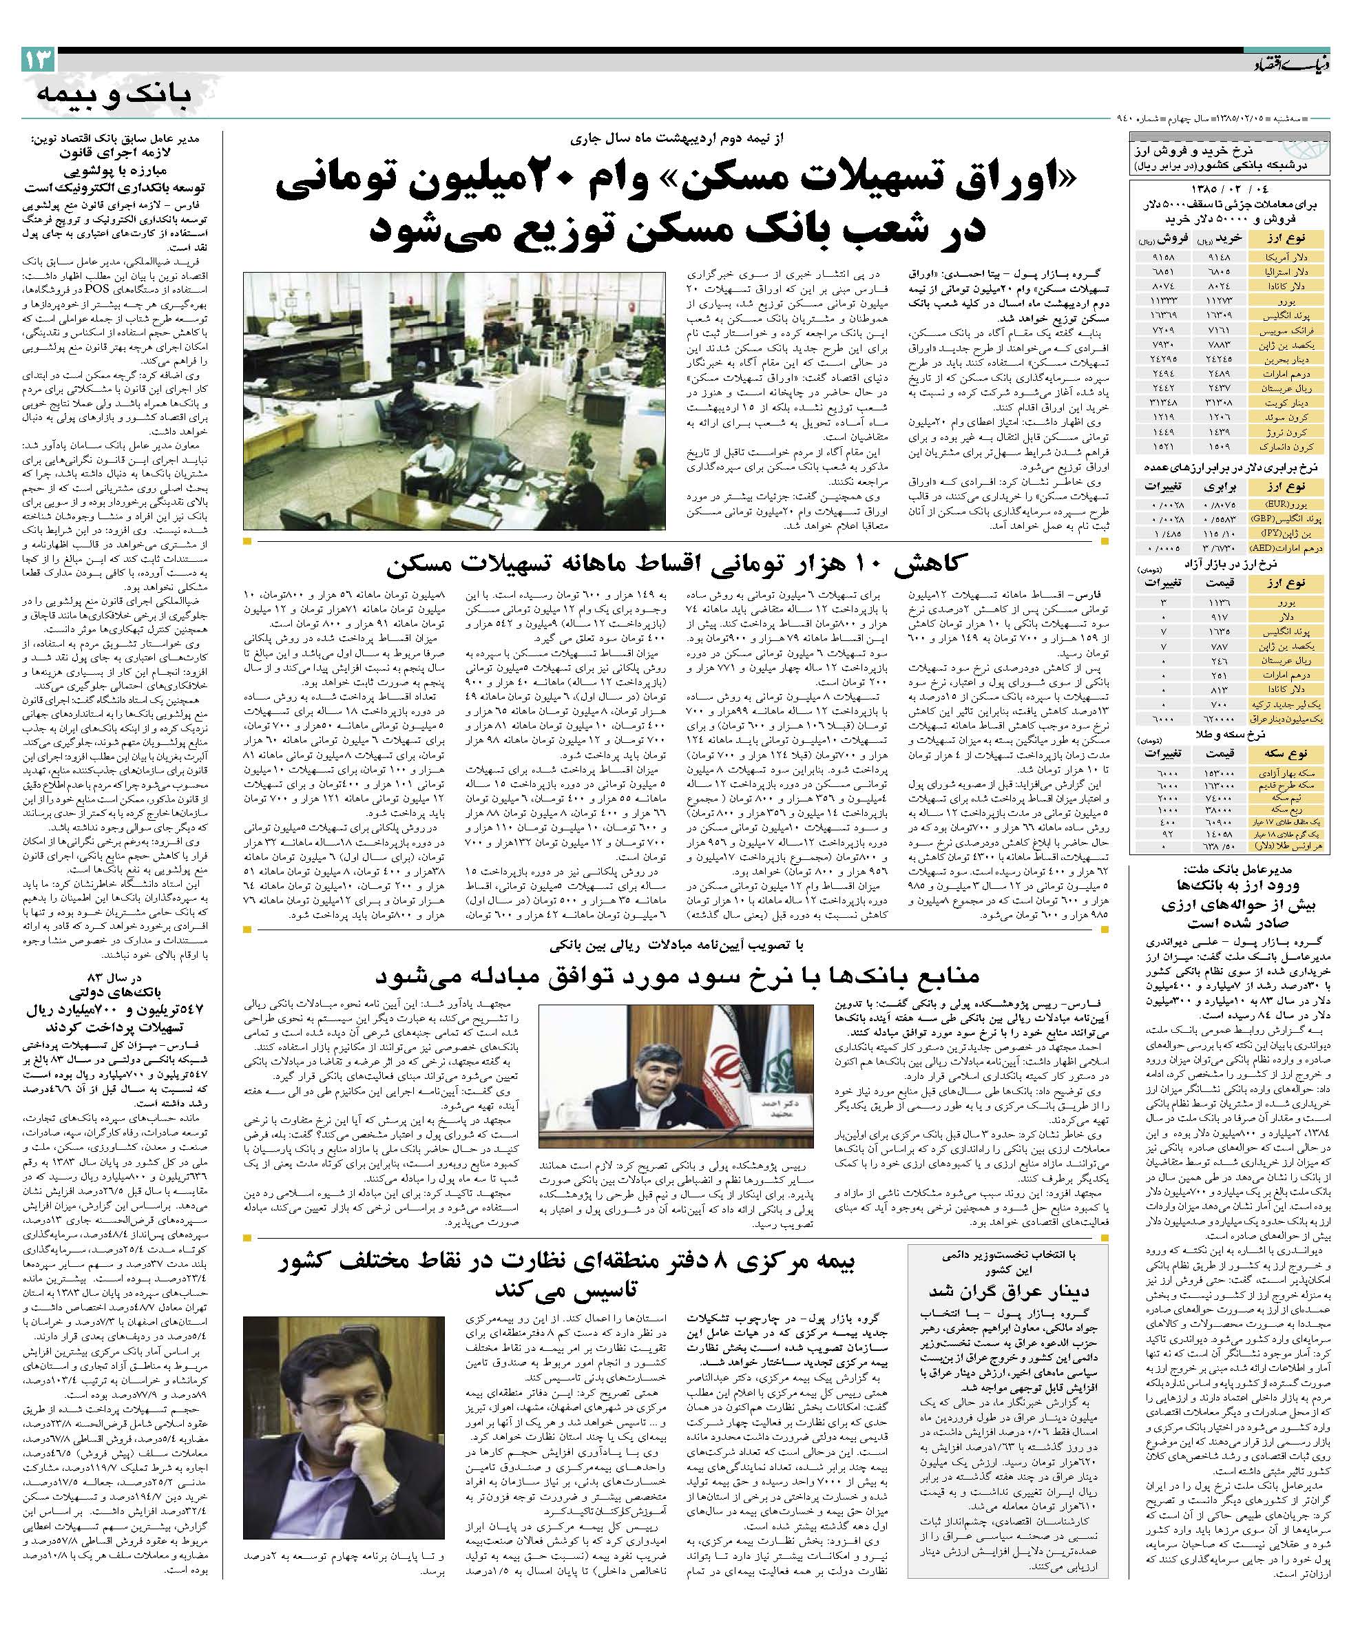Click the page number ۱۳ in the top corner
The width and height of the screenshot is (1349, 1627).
tap(38, 58)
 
